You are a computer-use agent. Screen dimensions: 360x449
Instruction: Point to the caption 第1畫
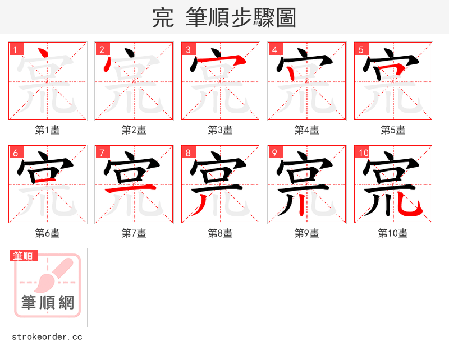point(48,130)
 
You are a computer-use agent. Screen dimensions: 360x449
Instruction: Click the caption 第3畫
point(221,130)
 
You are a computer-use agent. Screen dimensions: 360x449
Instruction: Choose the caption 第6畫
point(48,233)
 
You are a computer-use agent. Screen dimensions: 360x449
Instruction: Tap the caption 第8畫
point(221,233)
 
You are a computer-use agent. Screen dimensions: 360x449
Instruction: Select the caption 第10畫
point(393,233)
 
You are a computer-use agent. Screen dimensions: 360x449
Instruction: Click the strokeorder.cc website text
point(48,337)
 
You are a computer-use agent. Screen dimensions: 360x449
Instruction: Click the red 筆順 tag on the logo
point(24,256)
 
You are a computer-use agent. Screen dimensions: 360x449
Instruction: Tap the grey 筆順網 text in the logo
point(48,303)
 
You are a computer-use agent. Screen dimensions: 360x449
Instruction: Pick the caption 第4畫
point(307,130)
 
